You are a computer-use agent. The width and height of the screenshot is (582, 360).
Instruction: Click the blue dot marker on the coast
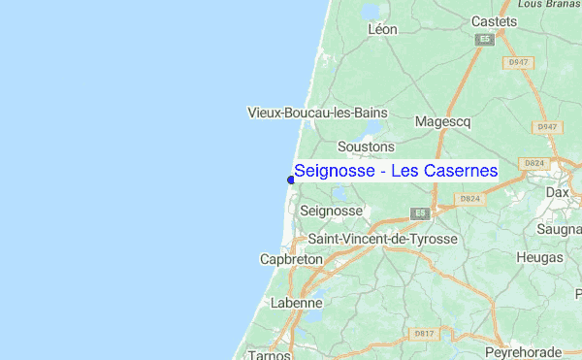coord(291,179)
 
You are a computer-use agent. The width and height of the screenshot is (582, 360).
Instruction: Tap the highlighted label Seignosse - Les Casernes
coord(396,171)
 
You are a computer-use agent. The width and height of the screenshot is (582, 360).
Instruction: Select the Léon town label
coord(383,30)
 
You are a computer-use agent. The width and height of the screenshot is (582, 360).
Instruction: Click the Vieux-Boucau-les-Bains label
coord(317,113)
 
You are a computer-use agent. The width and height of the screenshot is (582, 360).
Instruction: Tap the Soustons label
coord(366,147)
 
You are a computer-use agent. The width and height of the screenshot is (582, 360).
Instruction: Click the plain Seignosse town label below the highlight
coord(332,211)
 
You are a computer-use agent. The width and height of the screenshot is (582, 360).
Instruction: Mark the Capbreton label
coord(284,260)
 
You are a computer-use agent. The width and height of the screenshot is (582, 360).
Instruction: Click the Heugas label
coord(541,257)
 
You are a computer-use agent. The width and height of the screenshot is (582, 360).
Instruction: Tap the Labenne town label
coord(296,303)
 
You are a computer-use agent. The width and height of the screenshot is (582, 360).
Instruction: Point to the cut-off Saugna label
coord(560,229)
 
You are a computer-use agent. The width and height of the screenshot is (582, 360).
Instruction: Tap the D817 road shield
coord(424,334)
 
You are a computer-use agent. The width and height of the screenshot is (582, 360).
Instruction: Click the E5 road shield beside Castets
coord(485,40)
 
